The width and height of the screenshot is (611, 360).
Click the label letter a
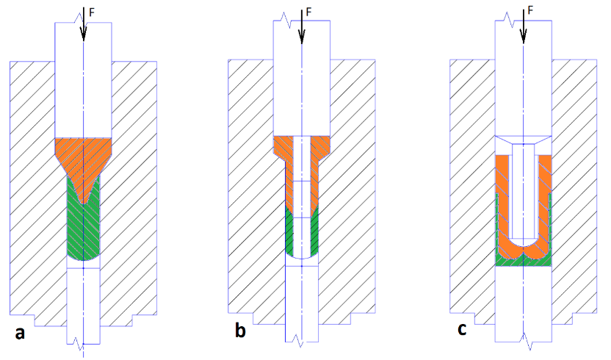[20, 333]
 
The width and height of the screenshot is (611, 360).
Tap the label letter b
[240, 330]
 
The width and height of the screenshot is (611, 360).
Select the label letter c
[462, 329]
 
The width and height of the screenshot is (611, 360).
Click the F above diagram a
[92, 12]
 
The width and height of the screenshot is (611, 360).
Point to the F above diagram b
[308, 12]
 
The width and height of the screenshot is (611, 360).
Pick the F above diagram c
[530, 10]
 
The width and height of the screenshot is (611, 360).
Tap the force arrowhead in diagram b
[302, 37]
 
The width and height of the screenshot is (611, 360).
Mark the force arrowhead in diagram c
[524, 37]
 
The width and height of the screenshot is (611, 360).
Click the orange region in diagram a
[83, 156]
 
